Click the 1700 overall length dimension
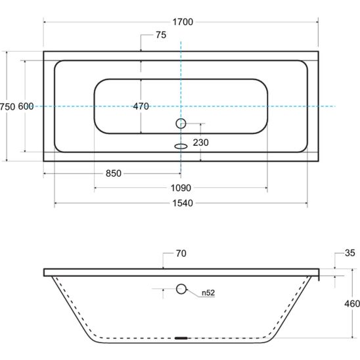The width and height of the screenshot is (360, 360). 183,22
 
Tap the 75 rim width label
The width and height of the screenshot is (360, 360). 161,35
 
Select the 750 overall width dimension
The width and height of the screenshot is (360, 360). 7,107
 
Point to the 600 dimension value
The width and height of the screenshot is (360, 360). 26,106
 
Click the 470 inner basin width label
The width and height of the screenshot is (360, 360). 141,106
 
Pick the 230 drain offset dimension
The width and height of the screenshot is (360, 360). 200,143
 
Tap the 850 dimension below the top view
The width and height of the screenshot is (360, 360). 114,173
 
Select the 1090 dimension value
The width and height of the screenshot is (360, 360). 181,188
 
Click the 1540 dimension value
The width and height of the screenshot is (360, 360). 183,203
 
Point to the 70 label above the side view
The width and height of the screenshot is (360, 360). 181,254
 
